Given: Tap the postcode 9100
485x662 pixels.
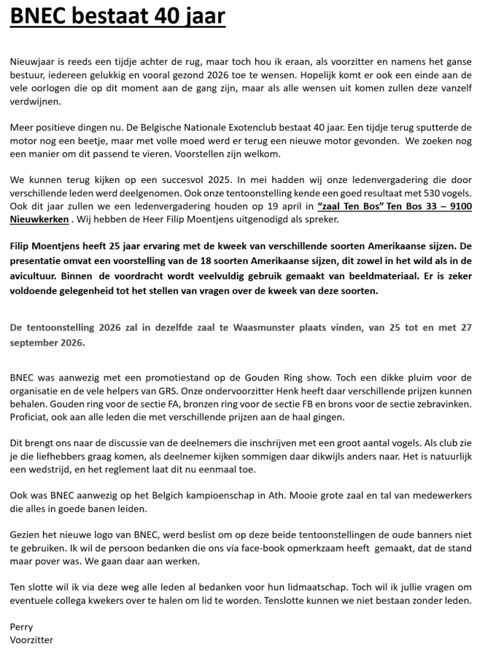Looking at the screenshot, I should pos(458,206).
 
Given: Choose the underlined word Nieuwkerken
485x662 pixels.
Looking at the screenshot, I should pos(39,219).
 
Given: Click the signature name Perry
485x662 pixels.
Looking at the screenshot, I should pos(21,627).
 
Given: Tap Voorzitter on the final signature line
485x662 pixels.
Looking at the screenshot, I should pos(31,639).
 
